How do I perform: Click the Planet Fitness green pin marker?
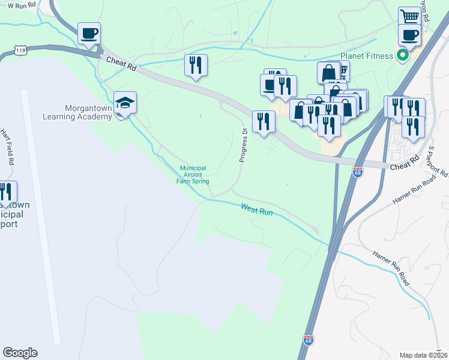403,56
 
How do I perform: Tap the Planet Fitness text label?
367,56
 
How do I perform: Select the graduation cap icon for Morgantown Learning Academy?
125,103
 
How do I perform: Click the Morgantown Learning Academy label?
78,112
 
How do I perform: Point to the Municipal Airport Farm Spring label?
192,175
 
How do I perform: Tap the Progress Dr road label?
244,145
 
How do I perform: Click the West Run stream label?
257,208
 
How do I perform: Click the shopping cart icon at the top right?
409,16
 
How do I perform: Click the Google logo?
20,353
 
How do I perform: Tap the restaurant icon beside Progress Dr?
264,122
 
